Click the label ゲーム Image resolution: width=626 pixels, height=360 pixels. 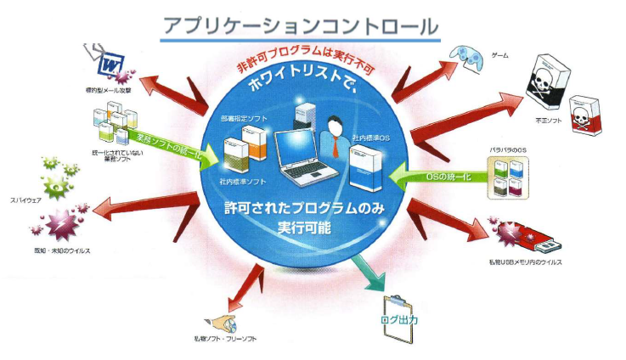click(x=501, y=55)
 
